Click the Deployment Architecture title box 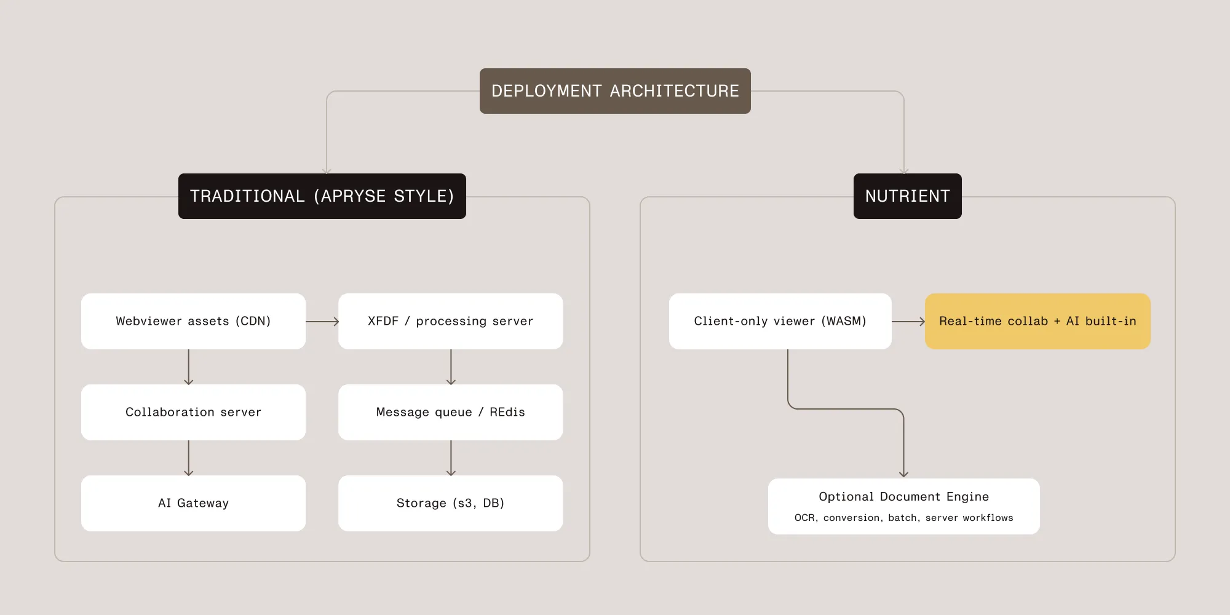tap(615, 91)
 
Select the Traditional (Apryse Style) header tap(322, 196)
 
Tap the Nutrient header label tap(907, 196)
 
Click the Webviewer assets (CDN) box tap(193, 321)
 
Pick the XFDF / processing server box tap(450, 321)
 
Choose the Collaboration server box tap(193, 412)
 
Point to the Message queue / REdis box tap(450, 412)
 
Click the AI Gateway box tap(193, 503)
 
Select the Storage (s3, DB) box tap(450, 503)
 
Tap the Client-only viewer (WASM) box tap(780, 321)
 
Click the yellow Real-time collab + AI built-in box tap(1038, 321)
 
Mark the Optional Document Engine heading tap(903, 497)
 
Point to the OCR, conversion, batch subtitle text tap(903, 518)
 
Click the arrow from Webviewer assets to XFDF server tap(322, 321)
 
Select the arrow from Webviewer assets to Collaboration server tap(189, 367)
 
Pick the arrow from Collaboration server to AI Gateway tap(189, 458)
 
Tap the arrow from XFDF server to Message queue tap(451, 367)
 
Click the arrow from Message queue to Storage tap(451, 458)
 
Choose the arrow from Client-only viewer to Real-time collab tap(908, 321)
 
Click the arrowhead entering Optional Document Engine tap(903, 474)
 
